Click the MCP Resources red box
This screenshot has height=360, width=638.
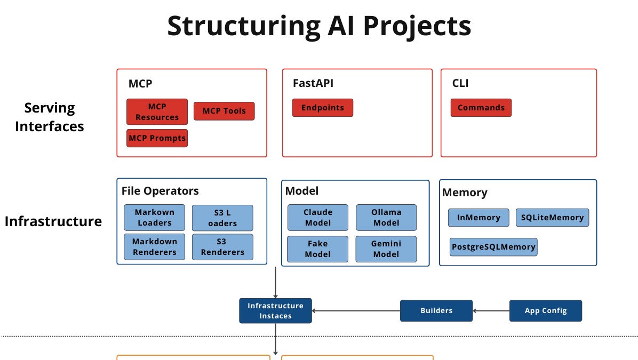point(157,111)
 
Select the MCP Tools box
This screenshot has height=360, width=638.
point(224,111)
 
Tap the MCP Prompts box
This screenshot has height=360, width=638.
point(157,138)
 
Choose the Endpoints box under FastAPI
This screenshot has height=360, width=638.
point(322,108)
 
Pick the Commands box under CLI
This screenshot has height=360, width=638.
point(481,108)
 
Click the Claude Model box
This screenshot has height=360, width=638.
point(317,218)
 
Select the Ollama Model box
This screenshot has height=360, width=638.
point(386,218)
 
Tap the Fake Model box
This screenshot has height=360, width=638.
point(317,249)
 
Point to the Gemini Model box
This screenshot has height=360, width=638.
point(386,249)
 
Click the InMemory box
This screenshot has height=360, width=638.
point(478,218)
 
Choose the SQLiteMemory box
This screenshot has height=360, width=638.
point(552,218)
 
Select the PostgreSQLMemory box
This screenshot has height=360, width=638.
point(493,247)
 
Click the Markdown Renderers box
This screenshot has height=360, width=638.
point(154,247)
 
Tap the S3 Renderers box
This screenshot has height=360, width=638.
point(222,247)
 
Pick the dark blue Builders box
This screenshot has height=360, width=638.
point(436,310)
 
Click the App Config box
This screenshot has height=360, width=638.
point(545,310)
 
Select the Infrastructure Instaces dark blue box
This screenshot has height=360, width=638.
point(275,310)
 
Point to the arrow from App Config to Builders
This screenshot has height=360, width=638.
point(491,310)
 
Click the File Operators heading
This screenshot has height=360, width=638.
point(160,191)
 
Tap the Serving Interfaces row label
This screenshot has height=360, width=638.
point(50,117)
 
